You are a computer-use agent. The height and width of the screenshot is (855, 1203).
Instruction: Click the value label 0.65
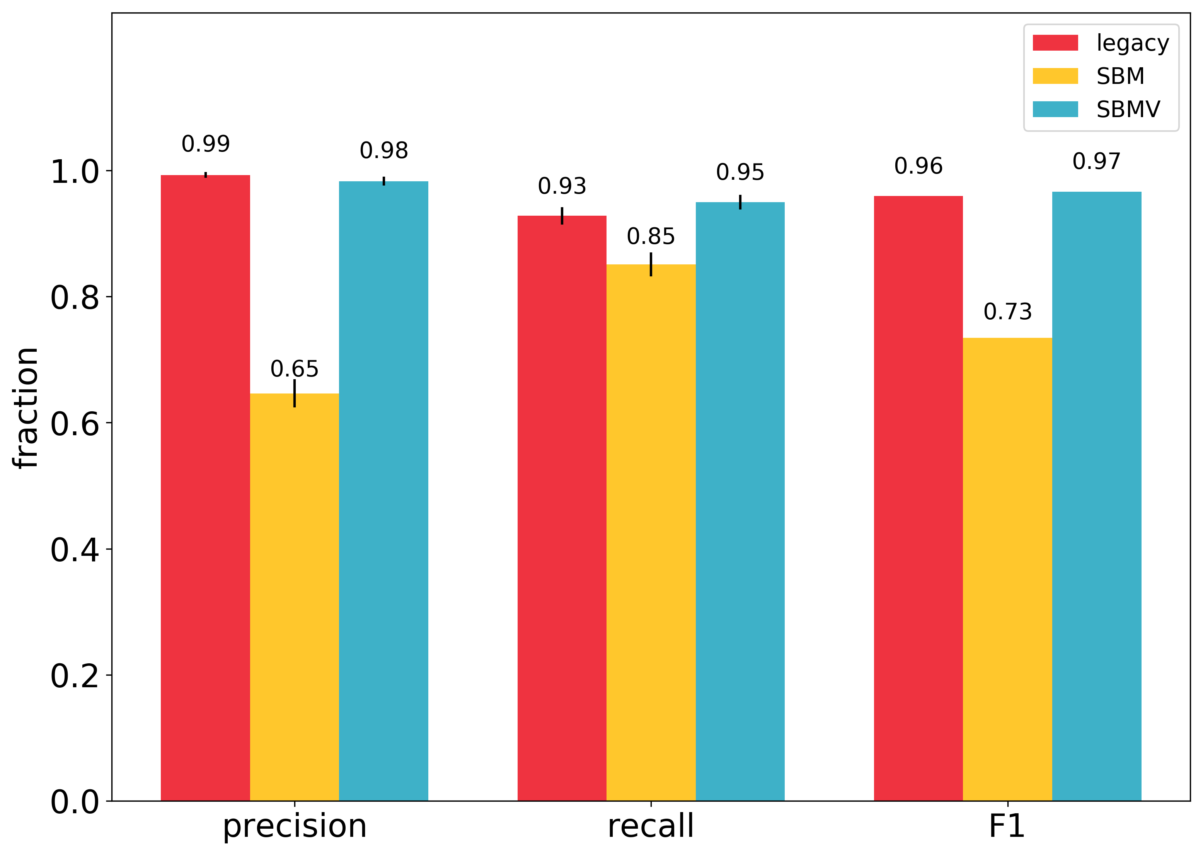294,369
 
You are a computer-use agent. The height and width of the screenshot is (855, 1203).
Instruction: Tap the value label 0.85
651,237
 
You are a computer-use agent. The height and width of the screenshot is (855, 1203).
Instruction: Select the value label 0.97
1096,161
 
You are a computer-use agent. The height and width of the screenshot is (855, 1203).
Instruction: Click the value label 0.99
205,144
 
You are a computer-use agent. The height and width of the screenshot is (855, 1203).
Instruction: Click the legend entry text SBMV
1128,109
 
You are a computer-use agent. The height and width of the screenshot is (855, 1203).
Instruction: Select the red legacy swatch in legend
1055,43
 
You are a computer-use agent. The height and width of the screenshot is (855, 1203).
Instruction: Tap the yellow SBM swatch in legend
1055,76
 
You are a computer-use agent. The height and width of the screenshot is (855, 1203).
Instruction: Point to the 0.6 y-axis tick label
74,423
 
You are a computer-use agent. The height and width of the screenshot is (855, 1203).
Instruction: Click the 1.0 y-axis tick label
74,172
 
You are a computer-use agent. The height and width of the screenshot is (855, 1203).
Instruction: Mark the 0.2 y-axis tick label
74,676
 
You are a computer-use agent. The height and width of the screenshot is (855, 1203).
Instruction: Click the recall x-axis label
651,826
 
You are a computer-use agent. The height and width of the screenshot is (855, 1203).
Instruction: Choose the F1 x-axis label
1007,826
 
